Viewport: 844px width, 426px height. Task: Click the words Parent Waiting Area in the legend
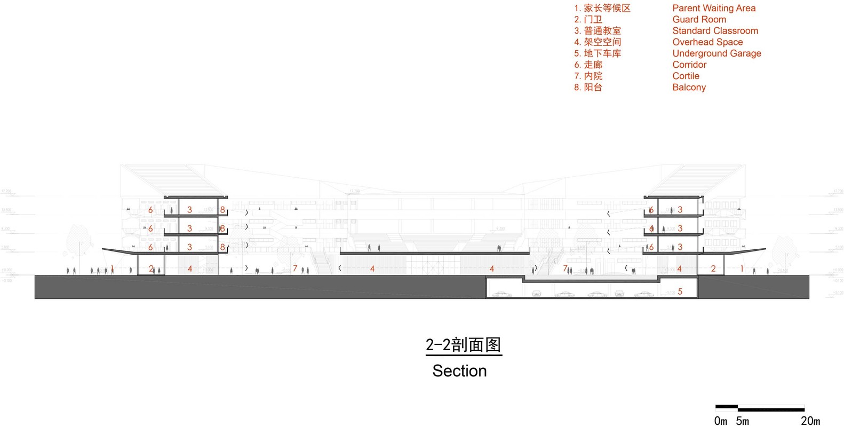tap(713, 8)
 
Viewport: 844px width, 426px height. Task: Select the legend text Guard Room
tap(699, 19)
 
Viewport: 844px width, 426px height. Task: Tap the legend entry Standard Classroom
tap(715, 30)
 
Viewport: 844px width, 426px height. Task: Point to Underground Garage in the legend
tap(716, 53)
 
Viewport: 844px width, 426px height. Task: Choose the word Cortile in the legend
tap(686, 76)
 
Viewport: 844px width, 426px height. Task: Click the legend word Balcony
tap(689, 87)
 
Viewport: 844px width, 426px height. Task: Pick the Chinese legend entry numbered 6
tap(588, 65)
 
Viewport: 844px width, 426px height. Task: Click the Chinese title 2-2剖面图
tap(463, 345)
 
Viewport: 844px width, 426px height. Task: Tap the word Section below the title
tap(459, 370)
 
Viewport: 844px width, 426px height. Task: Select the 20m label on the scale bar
tap(810, 421)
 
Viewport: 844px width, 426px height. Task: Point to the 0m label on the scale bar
tap(720, 421)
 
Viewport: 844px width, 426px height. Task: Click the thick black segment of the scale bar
tap(727, 407)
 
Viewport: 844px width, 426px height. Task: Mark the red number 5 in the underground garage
tap(680, 291)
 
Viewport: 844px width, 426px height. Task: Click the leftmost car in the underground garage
tap(500, 294)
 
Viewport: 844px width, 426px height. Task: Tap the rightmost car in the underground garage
tap(643, 294)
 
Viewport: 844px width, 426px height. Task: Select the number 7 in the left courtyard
tap(295, 269)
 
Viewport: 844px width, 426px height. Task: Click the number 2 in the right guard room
tap(713, 269)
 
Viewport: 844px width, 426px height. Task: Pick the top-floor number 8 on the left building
tap(222, 210)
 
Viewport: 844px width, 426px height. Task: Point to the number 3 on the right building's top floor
tap(680, 210)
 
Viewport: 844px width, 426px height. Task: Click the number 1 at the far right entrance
tap(742, 269)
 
